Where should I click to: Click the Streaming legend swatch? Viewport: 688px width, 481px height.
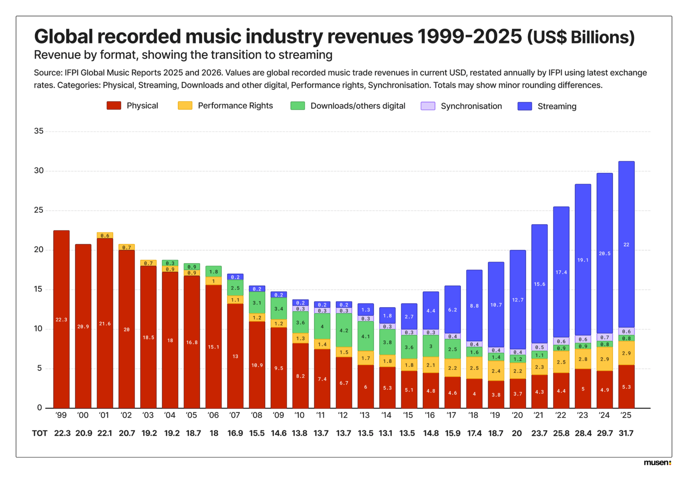525,106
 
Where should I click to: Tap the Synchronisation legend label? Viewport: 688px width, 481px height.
471,106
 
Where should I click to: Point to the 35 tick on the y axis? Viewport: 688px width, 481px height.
39,131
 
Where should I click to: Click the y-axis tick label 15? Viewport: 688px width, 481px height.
39,289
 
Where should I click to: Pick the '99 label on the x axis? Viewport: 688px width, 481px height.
61,415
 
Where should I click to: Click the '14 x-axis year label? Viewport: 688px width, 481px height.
387,415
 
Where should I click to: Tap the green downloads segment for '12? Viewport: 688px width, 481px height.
344,331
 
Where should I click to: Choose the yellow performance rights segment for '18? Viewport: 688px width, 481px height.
474,368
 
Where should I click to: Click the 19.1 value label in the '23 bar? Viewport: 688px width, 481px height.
583,260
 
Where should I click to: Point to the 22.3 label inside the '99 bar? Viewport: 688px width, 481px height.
61,320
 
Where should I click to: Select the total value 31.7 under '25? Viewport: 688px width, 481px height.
626,433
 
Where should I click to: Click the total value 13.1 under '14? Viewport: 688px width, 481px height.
385,433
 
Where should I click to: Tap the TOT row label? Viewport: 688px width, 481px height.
39,433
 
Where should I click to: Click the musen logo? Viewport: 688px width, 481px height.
657,463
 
